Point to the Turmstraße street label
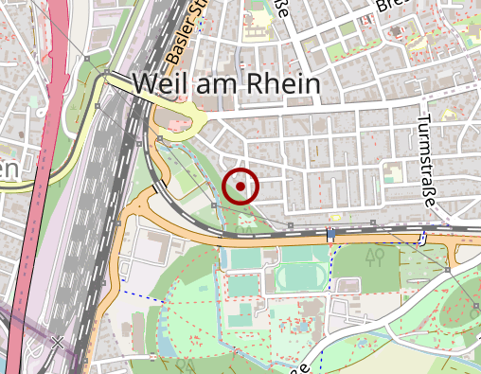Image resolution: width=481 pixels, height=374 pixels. pos(426,163)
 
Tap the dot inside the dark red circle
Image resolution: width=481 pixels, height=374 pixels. pos(241,187)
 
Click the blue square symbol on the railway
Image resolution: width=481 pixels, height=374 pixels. pos(331,234)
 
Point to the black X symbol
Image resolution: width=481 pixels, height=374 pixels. pos(59,343)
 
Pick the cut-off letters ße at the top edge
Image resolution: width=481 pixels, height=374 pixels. pos(281,9)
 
